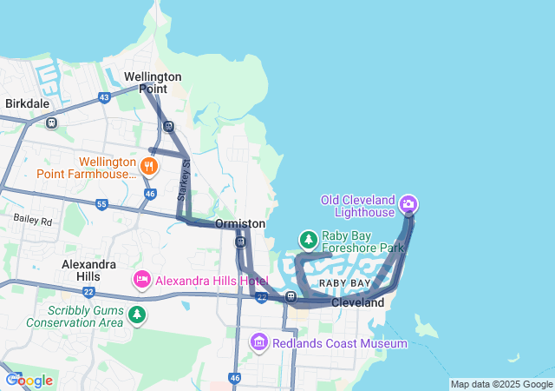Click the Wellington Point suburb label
pos(153,82)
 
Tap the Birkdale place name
pos(28,103)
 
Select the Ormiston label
pos(240,223)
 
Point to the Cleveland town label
pos(357,303)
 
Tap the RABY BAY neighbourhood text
pos(345,284)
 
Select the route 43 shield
pos(104,96)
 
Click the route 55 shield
pos(101,204)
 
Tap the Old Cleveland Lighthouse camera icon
pos(408,205)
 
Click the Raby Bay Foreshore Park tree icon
pos(308,239)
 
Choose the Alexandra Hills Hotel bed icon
pos(141,280)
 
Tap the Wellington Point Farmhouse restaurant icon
pos(150,165)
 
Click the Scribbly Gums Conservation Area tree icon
pos(136,314)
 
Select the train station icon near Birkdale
pos(52,123)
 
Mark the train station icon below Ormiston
pos(239,241)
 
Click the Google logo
pos(29,381)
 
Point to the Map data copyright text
pos(501,384)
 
